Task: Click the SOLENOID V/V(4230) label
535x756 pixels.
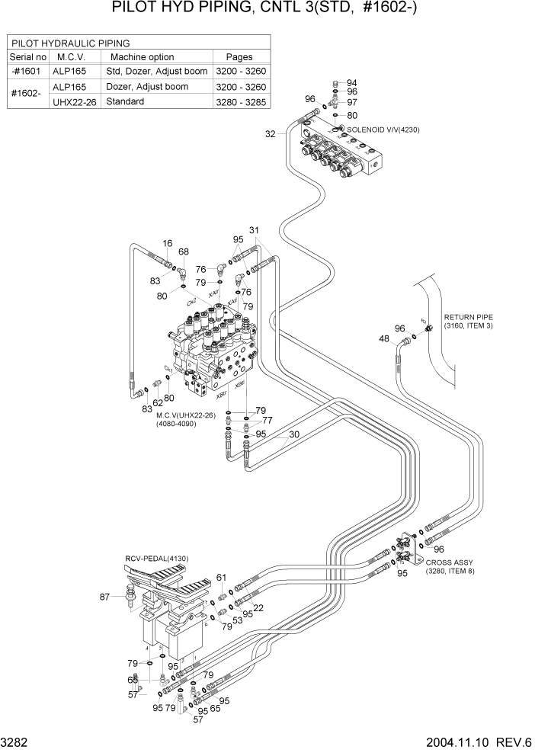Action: pos(383,130)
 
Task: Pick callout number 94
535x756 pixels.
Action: pos(352,82)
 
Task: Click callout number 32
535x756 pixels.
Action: pos(270,134)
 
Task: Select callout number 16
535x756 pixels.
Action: pos(167,242)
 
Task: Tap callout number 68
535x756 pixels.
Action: pos(184,251)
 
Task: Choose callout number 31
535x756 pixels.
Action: pos(255,230)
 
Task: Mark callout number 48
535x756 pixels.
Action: pos(384,338)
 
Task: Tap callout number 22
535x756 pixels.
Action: pos(258,607)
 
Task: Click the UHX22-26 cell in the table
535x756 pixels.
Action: pos(74,101)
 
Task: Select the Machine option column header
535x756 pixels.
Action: pos(142,57)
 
